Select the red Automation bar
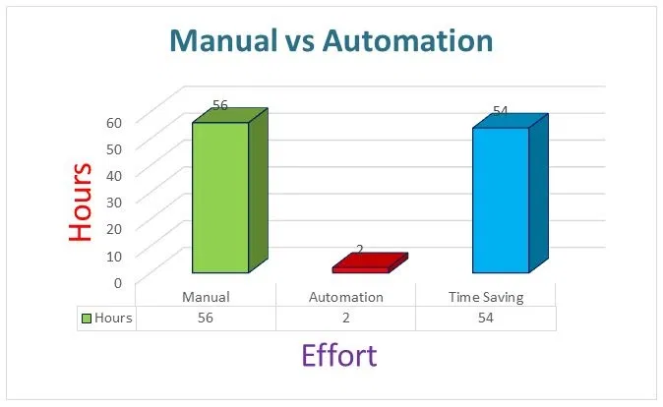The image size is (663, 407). coord(370,263)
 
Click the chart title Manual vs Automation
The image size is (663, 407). coord(331,40)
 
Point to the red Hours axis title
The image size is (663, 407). coord(81,202)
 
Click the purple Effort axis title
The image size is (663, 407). coord(339,356)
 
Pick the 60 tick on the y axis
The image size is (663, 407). coord(114,123)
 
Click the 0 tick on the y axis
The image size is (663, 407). coord(118,282)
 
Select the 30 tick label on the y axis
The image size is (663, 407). coord(114,203)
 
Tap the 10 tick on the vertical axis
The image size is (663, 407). coord(114,256)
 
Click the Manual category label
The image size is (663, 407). coord(206,297)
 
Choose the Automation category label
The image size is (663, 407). coord(346,297)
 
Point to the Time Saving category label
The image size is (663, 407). coord(486,298)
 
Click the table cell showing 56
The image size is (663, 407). coord(206,318)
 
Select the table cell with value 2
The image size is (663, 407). coord(346,318)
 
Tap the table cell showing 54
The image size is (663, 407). coord(486,318)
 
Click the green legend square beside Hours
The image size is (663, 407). coord(87,319)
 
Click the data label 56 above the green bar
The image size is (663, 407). coord(220,105)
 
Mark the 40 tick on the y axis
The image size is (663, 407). coord(114,176)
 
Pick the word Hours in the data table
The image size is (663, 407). coord(113,318)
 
